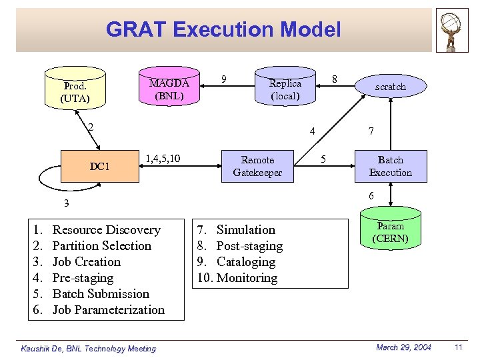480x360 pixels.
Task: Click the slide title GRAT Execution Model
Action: tap(223, 30)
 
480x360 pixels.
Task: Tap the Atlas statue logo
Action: tap(451, 31)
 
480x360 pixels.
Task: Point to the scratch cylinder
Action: tap(390, 87)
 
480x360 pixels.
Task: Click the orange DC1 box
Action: tap(99, 166)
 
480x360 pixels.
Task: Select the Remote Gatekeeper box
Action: tap(257, 166)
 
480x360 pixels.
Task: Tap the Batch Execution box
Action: tap(391, 166)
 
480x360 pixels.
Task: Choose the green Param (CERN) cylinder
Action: tap(391, 232)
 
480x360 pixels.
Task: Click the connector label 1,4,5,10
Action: tap(161, 158)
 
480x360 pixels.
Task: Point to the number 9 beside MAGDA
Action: tap(224, 79)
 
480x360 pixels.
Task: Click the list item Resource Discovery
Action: tap(106, 230)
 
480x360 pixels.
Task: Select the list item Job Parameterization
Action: tap(108, 310)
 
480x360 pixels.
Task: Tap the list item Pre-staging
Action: tap(83, 278)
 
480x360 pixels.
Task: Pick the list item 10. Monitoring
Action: tap(237, 278)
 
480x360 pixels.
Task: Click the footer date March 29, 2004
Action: tap(403, 347)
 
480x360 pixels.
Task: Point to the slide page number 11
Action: tap(458, 347)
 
